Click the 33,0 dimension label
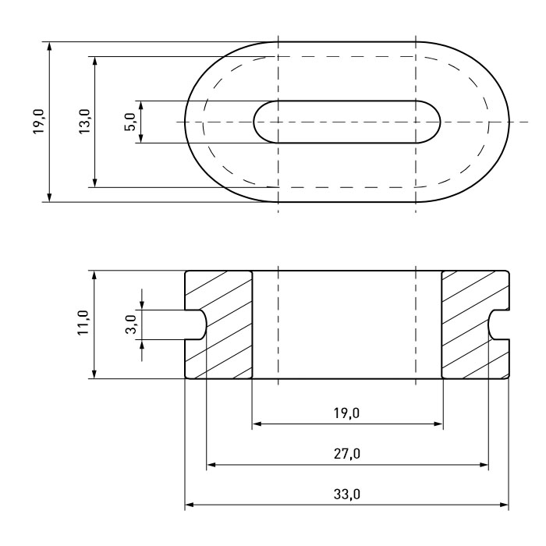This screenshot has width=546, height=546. coord(347,494)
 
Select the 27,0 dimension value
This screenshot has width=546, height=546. coord(347,454)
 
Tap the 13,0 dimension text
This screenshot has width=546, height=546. coord(84,122)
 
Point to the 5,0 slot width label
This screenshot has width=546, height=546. coord(130,122)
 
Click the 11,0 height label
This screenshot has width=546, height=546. coord(83,323)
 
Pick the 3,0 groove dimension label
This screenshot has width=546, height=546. coord(131,324)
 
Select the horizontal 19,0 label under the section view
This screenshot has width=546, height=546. coord(346,413)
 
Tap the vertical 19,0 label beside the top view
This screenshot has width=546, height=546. coord(39,122)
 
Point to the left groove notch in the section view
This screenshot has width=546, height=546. coord(196,324)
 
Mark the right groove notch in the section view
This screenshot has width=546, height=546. coord(498,324)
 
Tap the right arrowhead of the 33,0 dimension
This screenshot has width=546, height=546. coord(504,505)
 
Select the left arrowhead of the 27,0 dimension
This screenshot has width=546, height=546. coord(211,465)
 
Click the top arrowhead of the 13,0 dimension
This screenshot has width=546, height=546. coord(95,62)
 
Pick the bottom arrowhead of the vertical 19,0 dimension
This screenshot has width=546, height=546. coord(49,197)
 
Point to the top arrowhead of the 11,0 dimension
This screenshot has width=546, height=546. coord(94,275)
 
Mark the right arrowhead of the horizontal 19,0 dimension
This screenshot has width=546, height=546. coord(438,424)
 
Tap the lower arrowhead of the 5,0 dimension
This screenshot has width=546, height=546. coord(141,138)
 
